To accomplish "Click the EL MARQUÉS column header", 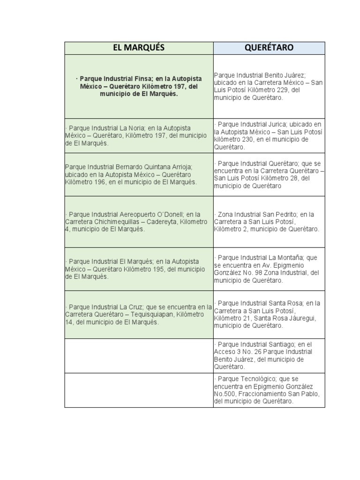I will click(139, 48).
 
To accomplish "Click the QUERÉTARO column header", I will click(269, 48).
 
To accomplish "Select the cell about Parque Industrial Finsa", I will click(139, 86).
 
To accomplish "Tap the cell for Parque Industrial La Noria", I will click(139, 135).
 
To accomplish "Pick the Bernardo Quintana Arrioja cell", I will click(139, 174).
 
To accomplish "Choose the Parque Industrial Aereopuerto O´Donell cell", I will click(139, 222).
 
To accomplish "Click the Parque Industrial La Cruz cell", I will click(139, 315).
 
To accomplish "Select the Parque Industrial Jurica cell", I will click(269, 135).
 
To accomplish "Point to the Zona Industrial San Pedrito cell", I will click(269, 222).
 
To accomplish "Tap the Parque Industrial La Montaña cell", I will click(269, 269).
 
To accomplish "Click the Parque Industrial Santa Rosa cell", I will click(269, 315).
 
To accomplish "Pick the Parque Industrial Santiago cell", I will click(269, 355).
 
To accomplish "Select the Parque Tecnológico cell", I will click(269, 390).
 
